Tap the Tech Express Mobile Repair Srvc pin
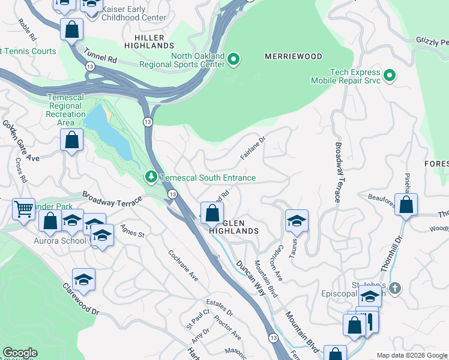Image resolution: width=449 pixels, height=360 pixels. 390,75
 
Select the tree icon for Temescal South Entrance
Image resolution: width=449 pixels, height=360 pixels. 151,178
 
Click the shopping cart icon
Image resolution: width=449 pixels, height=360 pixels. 23,209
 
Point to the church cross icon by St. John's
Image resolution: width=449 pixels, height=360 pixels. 394,287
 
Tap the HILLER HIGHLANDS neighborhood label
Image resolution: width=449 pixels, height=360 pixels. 149,41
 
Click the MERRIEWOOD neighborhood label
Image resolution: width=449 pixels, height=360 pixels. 294,56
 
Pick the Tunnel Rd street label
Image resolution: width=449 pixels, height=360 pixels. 100,56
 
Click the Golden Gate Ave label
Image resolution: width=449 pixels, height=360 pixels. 20,141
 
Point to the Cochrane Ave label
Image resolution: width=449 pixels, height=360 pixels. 182,266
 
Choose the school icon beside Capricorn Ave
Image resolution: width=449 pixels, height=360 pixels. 296,221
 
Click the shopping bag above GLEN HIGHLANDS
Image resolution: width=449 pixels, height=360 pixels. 212,212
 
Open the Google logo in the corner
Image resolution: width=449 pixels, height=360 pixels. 20,353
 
